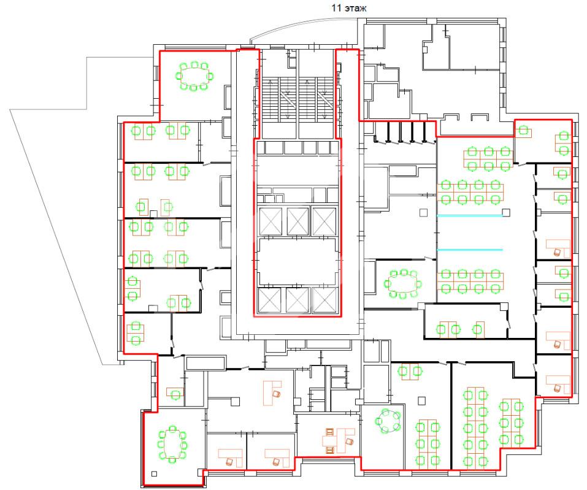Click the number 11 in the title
coord(336,8)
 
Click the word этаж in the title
coord(355,8)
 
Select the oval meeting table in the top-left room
coord(194,77)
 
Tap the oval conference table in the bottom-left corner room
coord(172,444)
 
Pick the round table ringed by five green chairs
coord(388,421)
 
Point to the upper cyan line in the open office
coord(470,215)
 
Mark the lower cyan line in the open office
coord(470,250)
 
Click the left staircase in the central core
coord(279,99)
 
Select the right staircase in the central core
coord(316,99)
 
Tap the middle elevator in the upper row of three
coord(297,221)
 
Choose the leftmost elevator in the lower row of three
coord(269,301)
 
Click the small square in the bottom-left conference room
coord(154,473)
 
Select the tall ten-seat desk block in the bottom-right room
coord(475,427)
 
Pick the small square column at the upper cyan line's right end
coord(506,213)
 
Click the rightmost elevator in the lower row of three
coord(325,301)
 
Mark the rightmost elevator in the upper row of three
coord(325,221)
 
